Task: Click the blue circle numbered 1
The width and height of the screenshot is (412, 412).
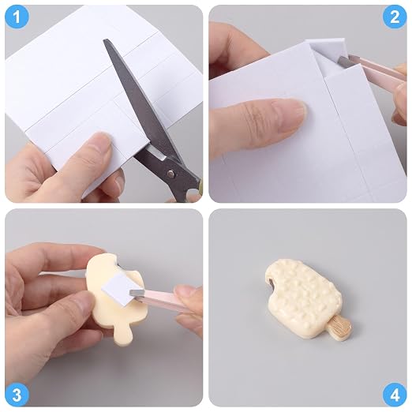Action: [x=17, y=17]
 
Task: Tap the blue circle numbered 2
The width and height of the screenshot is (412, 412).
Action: [x=395, y=17]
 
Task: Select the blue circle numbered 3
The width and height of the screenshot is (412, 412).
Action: [x=17, y=395]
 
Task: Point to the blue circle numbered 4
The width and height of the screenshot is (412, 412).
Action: [x=395, y=395]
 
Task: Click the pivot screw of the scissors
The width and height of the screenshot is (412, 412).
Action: [x=171, y=173]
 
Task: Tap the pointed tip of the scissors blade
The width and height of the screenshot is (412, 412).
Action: [x=105, y=40]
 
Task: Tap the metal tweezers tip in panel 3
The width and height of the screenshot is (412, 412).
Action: [x=137, y=292]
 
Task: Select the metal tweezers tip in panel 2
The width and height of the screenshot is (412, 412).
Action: [x=343, y=61]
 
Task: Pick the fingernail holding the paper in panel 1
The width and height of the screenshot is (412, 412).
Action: [x=101, y=139]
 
